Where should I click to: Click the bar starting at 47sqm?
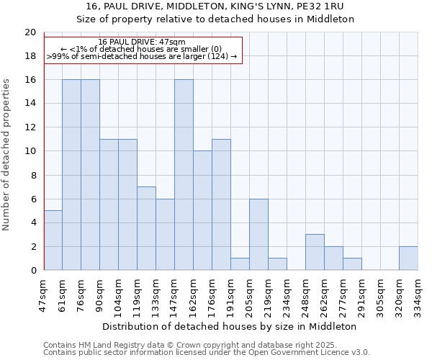(53, 240)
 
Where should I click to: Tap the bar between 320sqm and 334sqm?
(408, 258)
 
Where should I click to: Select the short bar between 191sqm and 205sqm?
(240, 264)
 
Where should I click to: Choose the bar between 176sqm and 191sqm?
(221, 204)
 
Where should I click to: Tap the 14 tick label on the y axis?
(30, 104)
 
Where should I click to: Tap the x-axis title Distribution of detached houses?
(230, 326)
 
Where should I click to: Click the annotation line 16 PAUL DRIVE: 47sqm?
(142, 42)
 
